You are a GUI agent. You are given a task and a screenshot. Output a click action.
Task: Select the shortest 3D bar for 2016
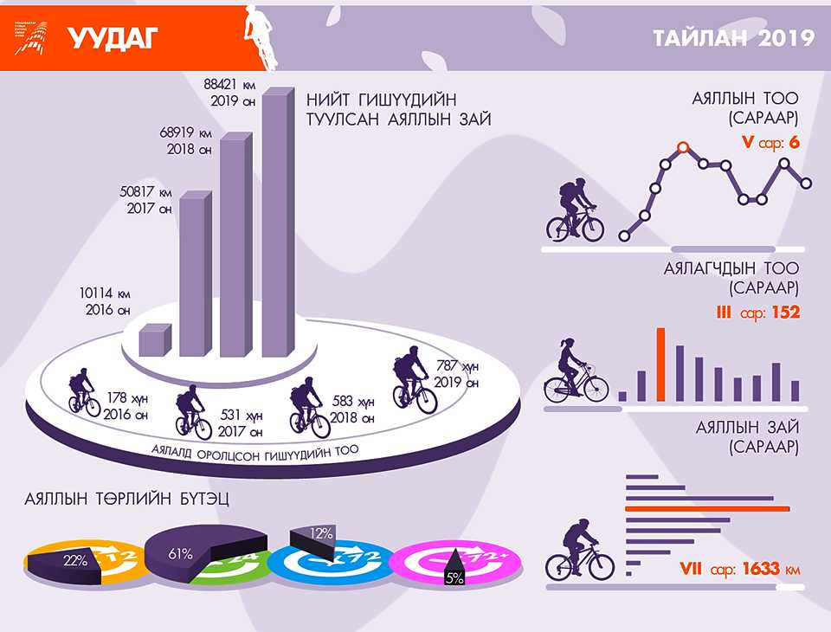click(x=154, y=339)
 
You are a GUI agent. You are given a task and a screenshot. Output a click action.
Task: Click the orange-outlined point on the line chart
click(x=683, y=146)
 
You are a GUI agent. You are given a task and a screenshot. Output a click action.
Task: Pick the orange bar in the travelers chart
click(x=660, y=364)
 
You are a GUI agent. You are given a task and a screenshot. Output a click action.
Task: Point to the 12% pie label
click(x=321, y=533)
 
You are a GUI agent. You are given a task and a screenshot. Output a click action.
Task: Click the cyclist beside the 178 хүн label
click(x=85, y=392)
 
